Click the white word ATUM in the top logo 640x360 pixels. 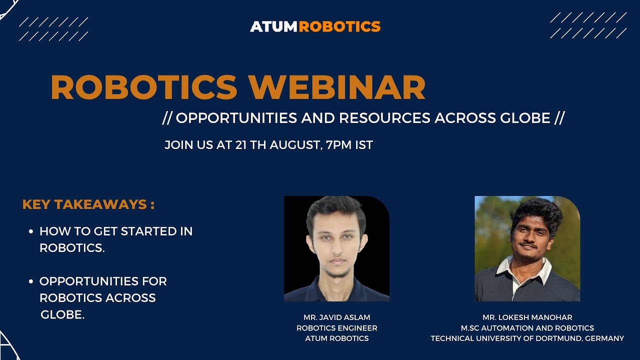(273, 26)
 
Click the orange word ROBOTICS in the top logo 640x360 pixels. (340, 26)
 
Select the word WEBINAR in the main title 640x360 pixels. (337, 87)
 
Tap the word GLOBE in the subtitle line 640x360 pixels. (519, 118)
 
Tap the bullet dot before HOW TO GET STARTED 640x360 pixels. (31, 232)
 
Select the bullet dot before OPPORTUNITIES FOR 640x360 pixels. (31, 282)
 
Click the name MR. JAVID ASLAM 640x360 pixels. (336, 317)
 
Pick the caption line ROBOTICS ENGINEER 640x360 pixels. (336, 328)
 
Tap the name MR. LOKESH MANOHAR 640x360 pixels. (527, 317)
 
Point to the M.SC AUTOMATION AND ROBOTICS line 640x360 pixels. (527, 328)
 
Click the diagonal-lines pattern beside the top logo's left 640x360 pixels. (53, 29)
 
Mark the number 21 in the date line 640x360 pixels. (241, 145)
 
